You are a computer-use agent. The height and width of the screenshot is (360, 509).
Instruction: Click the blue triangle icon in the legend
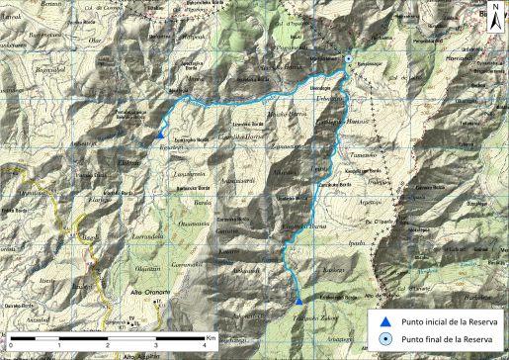pyautogui.click(x=385, y=320)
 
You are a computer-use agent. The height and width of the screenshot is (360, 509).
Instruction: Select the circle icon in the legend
pyautogui.click(x=385, y=338)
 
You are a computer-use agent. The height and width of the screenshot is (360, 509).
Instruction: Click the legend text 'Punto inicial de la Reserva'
pyautogui.click(x=444, y=321)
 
